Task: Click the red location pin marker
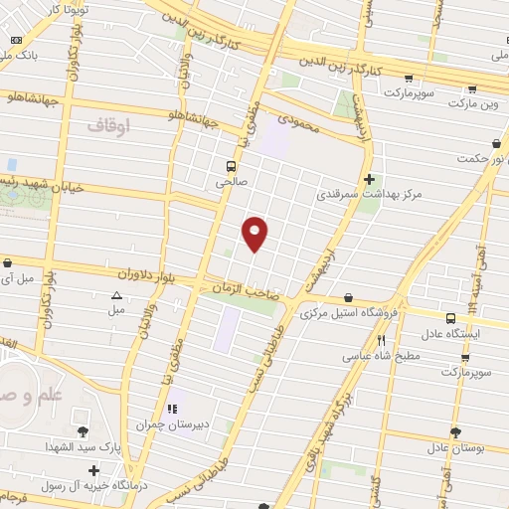(x=255, y=232)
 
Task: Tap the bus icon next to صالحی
(x=231, y=166)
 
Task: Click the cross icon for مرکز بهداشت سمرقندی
(x=370, y=180)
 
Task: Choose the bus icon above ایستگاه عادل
(x=450, y=319)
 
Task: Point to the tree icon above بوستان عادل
(x=455, y=432)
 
